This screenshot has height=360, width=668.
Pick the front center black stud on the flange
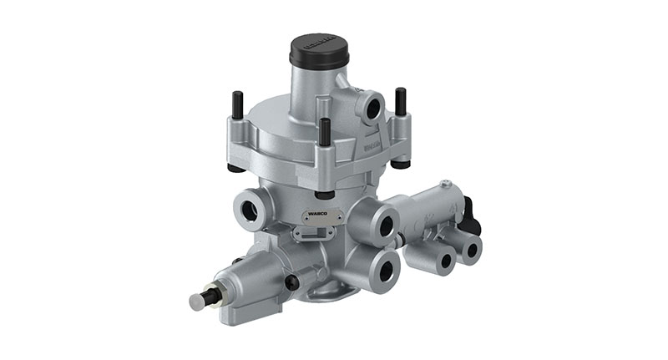coord(324,131)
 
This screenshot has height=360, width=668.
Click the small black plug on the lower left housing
coord(291,282)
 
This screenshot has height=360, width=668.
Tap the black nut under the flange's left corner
coord(235,167)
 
